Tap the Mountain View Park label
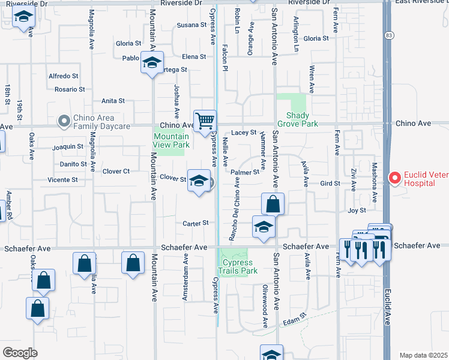tap(171, 140)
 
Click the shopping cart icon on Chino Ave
tap(205, 121)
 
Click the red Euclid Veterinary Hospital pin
tap(394, 178)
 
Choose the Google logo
tap(20, 352)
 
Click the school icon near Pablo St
tap(152, 62)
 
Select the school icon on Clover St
tap(199, 180)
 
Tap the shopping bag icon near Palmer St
tap(273, 203)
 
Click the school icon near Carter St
tap(263, 226)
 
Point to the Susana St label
tap(191, 25)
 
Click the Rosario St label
tap(70, 89)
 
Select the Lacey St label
tap(244, 132)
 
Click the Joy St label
tap(357, 211)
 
